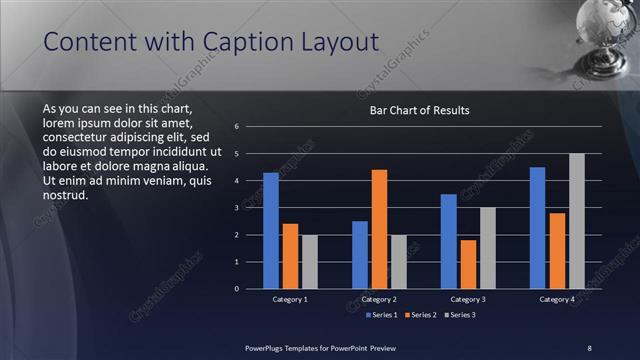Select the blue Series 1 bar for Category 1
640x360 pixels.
pyautogui.click(x=270, y=231)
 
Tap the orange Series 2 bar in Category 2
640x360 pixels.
pyautogui.click(x=379, y=229)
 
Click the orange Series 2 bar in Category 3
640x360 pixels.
pyautogui.click(x=468, y=264)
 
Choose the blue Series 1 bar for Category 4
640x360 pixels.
pyautogui.click(x=537, y=228)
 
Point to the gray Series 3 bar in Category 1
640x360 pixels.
pyautogui.click(x=309, y=262)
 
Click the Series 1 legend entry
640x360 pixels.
pyautogui.click(x=382, y=315)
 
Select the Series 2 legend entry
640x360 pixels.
pyautogui.click(x=420, y=315)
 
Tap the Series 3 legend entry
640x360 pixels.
pyautogui.click(x=459, y=315)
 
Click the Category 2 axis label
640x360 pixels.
pyautogui.click(x=379, y=299)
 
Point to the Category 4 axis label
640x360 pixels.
pyautogui.click(x=557, y=299)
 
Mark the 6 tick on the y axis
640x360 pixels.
pyautogui.click(x=236, y=127)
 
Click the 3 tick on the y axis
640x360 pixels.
pyautogui.click(x=236, y=208)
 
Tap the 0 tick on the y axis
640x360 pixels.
pyautogui.click(x=236, y=289)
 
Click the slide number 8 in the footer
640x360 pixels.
pyautogui.click(x=589, y=347)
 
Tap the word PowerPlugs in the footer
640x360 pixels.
pyautogui.click(x=267, y=347)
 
